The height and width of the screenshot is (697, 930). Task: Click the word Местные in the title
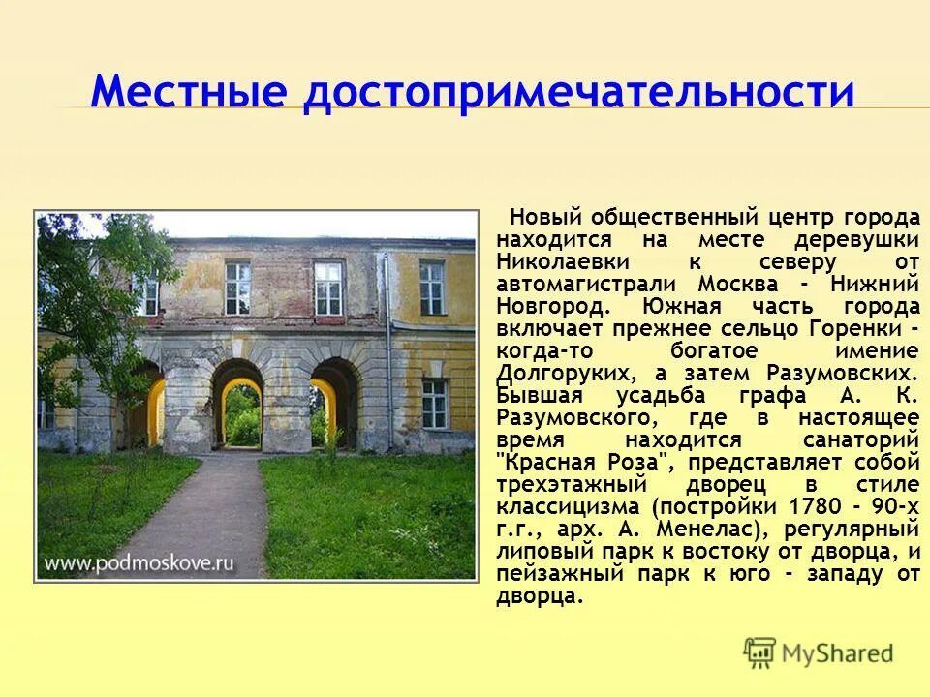pyautogui.click(x=189, y=94)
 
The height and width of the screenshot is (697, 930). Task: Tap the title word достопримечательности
pyautogui.click(x=578, y=94)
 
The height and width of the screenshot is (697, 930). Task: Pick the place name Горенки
pyautogui.click(x=852, y=329)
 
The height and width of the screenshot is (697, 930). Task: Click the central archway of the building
pyautogui.click(x=238, y=407)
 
